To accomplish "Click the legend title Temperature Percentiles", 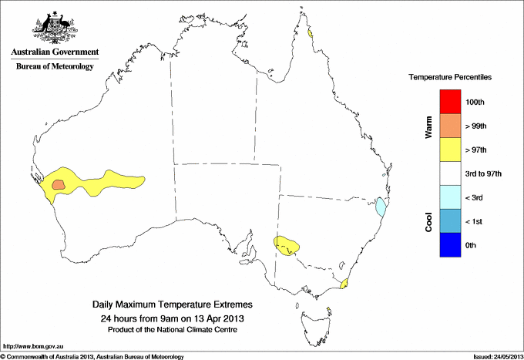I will pos(449,78).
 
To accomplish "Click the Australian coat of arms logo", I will pos(54,28).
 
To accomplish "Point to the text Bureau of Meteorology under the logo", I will pos(54,66).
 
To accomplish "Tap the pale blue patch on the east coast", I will pos(380,207).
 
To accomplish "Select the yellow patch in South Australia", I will pos(287,246).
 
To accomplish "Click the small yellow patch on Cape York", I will pos(309,33).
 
